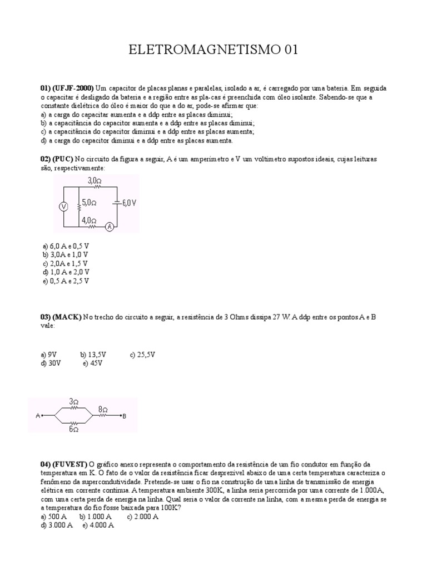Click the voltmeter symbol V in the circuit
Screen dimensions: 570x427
coord(63,206)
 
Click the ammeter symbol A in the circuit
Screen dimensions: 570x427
coord(110,227)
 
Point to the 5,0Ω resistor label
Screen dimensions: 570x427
coord(90,203)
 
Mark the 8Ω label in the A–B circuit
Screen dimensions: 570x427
coord(103,409)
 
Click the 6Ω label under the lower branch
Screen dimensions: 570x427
coord(73,429)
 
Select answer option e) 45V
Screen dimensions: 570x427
coord(93,363)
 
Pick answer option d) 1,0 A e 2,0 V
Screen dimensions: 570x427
coord(66,272)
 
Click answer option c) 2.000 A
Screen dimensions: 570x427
coord(143,517)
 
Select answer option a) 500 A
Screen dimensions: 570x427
coord(54,517)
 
